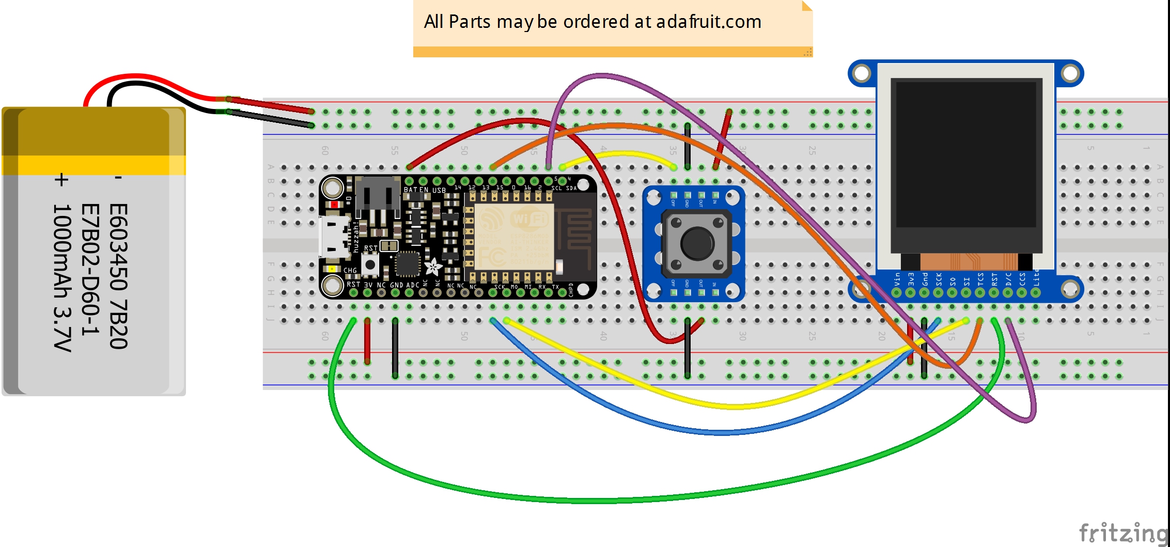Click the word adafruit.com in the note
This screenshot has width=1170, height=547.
coord(709,22)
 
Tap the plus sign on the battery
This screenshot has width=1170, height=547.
coord(61,180)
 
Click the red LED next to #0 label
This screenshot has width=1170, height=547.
coord(334,205)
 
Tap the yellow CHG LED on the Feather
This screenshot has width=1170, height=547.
coord(331,269)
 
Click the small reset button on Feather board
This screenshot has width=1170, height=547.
coord(370,264)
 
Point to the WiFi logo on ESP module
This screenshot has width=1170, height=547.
coord(528,219)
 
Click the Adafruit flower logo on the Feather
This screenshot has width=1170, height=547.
coord(433,267)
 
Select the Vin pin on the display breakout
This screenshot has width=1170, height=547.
coord(897,292)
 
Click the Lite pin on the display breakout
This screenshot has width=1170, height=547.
coord(1036,292)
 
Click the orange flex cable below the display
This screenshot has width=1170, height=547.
coord(969,261)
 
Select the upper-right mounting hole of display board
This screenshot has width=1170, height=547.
coord(1070,74)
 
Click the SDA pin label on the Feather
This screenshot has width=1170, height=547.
coord(571,188)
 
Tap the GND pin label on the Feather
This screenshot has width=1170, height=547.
coord(396,285)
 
